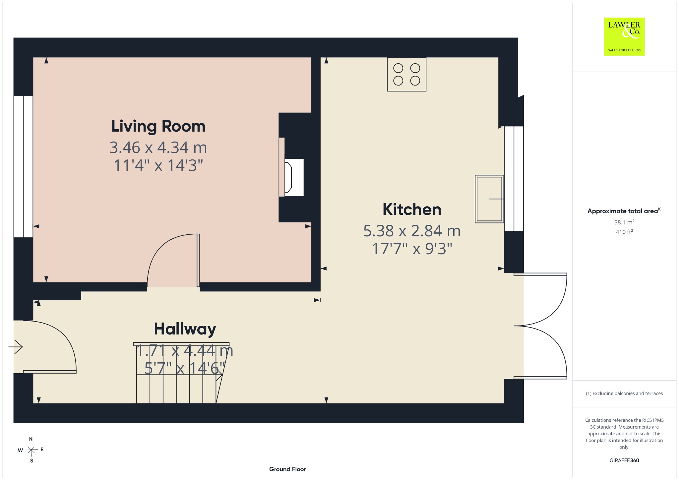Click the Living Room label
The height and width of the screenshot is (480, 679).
coord(158,126)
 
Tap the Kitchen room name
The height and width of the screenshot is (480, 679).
coord(412,210)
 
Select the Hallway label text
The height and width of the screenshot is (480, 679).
coord(185,330)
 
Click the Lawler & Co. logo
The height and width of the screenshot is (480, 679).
coord(624,36)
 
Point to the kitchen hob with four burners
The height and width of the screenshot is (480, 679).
coord(406,74)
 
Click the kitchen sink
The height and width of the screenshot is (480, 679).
coord(489,199)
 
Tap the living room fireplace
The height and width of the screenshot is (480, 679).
coord(291,167)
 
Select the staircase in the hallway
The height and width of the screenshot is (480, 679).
coord(181,373)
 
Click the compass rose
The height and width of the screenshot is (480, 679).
coord(31,450)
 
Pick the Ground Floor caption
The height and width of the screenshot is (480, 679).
coord(287,469)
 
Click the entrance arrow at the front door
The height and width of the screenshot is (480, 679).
coord(16,347)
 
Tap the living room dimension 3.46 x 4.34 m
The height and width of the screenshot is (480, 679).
coord(158,148)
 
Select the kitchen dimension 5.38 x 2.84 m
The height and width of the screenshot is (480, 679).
coord(412,231)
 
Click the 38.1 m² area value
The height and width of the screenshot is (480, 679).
coord(624,222)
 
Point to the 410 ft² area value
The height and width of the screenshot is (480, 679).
coord(624,232)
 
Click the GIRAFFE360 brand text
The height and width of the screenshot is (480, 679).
coord(624,460)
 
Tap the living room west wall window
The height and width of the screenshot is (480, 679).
coord(23,167)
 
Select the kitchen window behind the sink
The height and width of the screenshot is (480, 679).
coord(514,178)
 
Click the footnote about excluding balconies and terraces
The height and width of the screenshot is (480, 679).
coord(624,393)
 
